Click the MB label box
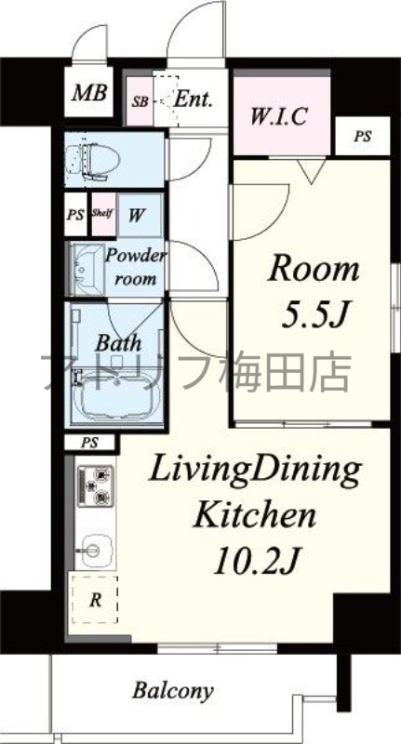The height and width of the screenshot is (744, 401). pyautogui.click(x=90, y=93)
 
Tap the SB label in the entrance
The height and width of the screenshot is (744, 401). pyautogui.click(x=140, y=100)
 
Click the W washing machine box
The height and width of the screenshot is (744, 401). pyautogui.click(x=137, y=216)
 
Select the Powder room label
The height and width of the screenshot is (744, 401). pyautogui.click(x=136, y=267)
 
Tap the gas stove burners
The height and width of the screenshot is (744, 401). pyautogui.click(x=93, y=486)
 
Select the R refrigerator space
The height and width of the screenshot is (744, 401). pyautogui.click(x=94, y=600)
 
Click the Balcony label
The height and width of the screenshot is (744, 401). pyautogui.click(x=172, y=691)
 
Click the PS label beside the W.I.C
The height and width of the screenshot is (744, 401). pyautogui.click(x=362, y=137)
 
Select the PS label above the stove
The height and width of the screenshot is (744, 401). pyautogui.click(x=90, y=442)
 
